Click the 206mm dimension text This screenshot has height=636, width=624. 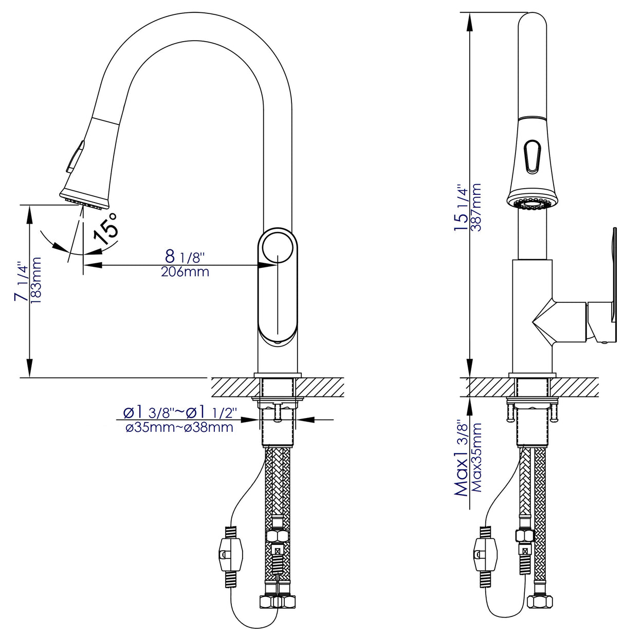click(185, 272)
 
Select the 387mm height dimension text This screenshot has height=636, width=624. click(476, 207)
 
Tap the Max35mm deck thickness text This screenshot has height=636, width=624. click(476, 458)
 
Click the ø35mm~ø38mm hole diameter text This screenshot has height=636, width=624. click(179, 427)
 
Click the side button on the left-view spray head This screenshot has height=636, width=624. click(74, 157)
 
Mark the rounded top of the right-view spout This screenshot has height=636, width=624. click(533, 23)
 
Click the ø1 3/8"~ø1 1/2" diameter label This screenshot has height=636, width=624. click(179, 412)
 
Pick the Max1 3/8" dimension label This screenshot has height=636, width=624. click(461, 459)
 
